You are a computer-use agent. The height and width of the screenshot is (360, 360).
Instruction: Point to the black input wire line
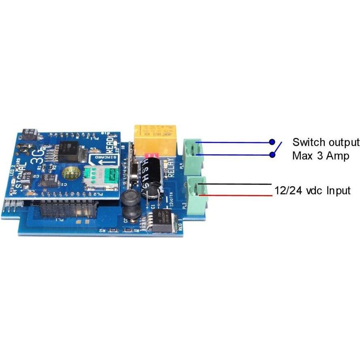click(x=235, y=185)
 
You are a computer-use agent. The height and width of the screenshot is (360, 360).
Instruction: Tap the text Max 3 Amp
click(x=321, y=156)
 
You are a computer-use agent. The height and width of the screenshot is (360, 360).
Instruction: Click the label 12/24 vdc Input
click(x=313, y=190)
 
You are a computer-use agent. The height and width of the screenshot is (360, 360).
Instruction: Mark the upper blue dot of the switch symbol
click(x=273, y=142)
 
